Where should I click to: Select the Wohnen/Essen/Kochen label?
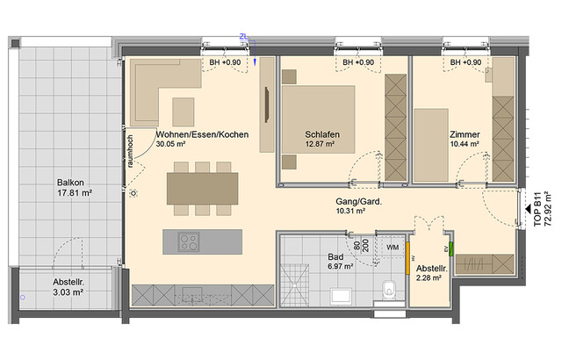point(202,134)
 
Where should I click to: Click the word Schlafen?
point(322,134)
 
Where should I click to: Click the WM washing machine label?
point(393,248)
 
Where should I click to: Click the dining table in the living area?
point(202,187)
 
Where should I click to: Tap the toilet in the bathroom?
point(390,288)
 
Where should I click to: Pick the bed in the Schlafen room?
point(318,117)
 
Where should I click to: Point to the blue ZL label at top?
point(244,37)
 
